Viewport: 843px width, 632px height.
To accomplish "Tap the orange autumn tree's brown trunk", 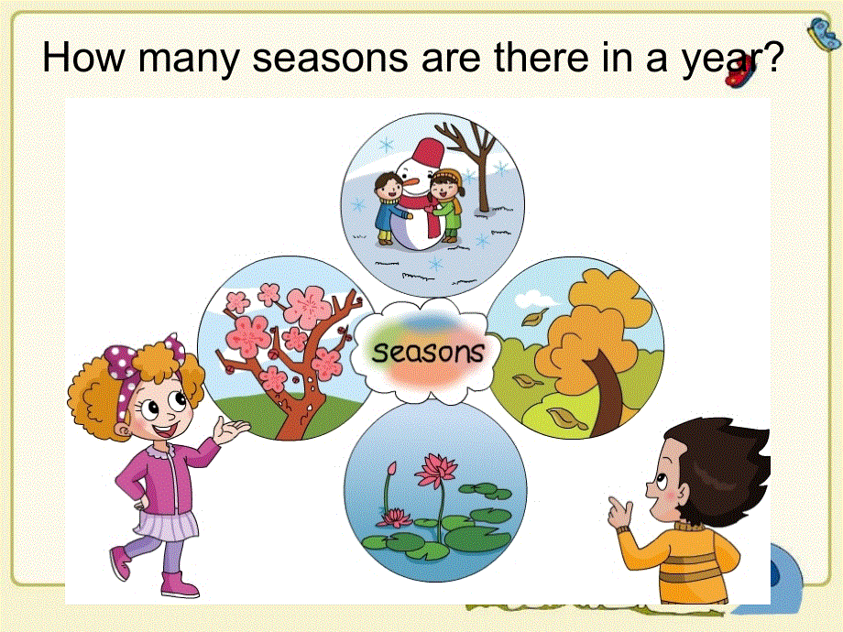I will click(x=605, y=385).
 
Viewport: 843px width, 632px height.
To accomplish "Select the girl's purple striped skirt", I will click(x=166, y=526).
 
